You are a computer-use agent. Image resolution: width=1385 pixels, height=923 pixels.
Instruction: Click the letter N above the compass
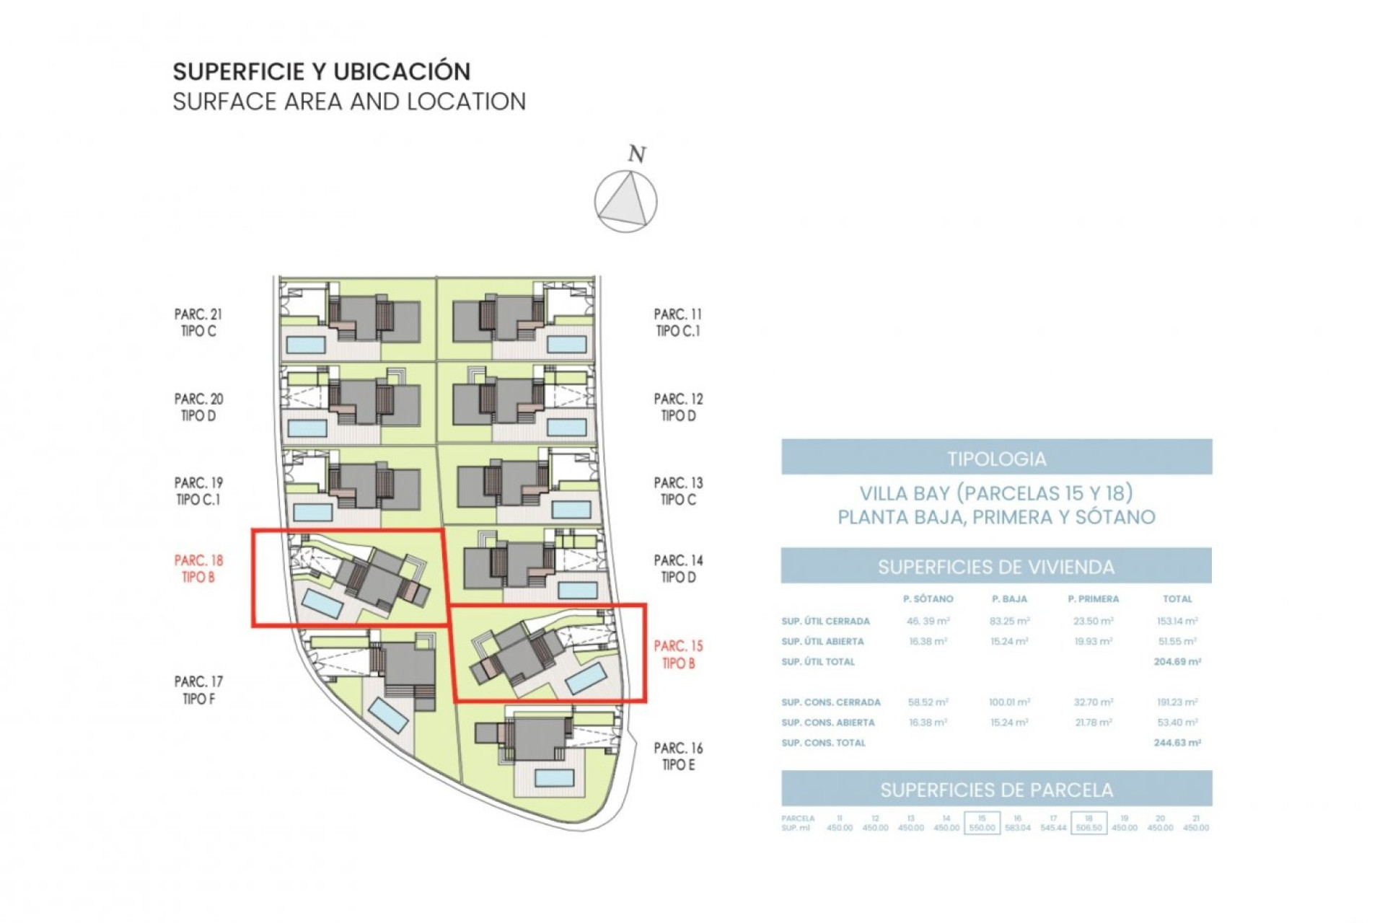tap(636, 154)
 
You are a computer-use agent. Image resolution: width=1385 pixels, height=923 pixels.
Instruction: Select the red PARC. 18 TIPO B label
tap(198, 568)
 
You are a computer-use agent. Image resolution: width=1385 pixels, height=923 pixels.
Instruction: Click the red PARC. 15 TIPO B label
tap(678, 654)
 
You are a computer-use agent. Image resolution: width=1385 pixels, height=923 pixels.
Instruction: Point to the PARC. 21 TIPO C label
tap(198, 322)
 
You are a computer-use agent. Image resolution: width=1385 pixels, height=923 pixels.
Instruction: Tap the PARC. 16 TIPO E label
tap(678, 756)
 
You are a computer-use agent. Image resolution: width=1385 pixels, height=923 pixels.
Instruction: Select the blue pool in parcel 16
tap(555, 778)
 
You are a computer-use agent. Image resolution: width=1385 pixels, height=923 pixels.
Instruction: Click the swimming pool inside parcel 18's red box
tap(322, 604)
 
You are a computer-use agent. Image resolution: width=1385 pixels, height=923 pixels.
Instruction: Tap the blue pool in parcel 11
tap(566, 344)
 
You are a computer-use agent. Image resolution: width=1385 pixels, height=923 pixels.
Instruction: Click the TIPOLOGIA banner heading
tap(996, 459)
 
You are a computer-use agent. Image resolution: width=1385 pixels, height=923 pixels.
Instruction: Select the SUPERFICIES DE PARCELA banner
tap(996, 790)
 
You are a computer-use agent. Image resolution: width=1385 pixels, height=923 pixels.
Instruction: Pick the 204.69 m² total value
tap(1177, 661)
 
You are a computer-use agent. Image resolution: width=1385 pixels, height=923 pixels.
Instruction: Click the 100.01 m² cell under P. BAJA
tap(1009, 702)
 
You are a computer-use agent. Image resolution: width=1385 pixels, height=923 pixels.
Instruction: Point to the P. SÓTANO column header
tap(928, 599)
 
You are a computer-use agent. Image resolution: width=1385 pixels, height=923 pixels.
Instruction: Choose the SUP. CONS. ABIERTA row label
tap(827, 722)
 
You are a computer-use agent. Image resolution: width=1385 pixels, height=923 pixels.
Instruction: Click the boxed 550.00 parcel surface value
tap(982, 828)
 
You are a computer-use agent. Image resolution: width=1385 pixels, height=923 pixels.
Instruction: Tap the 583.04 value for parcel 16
tap(1017, 828)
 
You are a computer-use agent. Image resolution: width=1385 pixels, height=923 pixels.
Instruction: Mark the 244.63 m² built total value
tap(1177, 742)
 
